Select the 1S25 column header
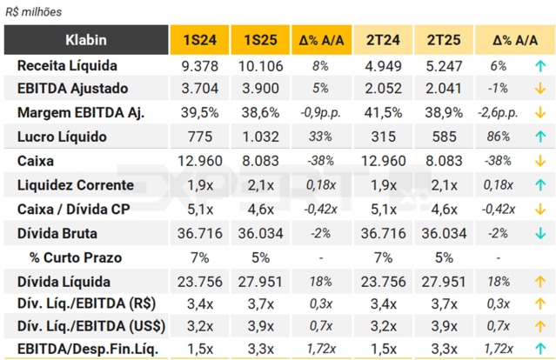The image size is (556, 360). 260,40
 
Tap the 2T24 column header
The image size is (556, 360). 382,40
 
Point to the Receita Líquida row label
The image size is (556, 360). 67,66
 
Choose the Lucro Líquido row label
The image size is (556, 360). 62,137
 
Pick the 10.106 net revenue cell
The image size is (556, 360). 260,66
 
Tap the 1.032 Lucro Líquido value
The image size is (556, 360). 260,137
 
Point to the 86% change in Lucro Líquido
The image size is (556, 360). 498,137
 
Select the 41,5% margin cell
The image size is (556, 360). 382,113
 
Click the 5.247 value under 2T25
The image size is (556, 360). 443,66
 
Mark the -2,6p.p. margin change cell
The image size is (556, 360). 498,113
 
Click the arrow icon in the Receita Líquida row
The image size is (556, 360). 540,66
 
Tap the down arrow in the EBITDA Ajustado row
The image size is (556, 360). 540,89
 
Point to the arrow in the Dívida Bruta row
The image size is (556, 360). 540,233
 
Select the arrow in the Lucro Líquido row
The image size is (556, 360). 540,137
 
